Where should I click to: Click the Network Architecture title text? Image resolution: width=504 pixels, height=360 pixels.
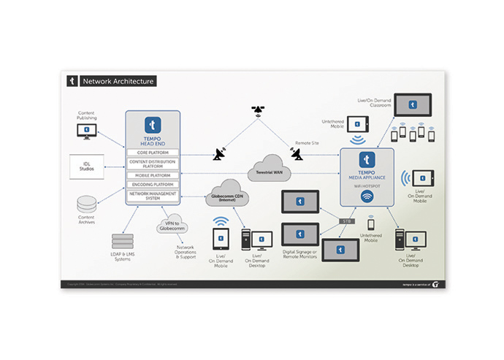[x=118, y=81]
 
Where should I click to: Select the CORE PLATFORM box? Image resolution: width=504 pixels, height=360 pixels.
[x=153, y=153]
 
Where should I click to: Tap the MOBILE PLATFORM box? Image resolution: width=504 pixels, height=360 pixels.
[x=153, y=175]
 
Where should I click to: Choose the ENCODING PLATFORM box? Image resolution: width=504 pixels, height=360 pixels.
[x=153, y=185]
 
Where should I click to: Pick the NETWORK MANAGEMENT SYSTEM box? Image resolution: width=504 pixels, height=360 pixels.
[x=153, y=195]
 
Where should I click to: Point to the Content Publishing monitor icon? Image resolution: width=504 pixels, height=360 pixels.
[x=87, y=131]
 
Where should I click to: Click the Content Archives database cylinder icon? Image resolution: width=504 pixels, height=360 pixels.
[x=87, y=203]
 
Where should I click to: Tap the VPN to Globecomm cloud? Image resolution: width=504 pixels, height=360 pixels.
[x=174, y=226]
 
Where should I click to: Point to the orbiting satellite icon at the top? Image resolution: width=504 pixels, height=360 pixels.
[x=258, y=111]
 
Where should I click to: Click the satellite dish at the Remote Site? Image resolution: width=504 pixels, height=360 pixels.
[x=297, y=154]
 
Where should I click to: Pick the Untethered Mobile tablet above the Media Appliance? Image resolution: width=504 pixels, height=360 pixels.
[x=358, y=124]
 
